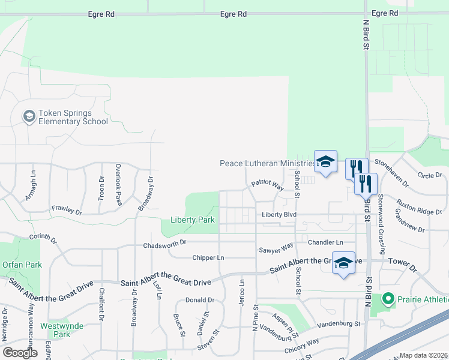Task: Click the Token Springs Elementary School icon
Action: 29,116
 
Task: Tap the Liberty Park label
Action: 193,220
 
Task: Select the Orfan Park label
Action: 22,265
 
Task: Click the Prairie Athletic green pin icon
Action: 388,298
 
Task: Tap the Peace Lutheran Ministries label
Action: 267,163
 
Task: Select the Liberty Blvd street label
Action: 279,215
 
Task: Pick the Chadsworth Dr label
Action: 165,245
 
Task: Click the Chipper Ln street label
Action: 208,258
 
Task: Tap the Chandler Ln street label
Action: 325,242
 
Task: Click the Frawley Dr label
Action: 67,211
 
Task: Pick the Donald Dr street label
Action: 200,300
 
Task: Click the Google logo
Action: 20,353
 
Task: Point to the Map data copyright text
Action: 424,355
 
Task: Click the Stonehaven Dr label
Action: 391,173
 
